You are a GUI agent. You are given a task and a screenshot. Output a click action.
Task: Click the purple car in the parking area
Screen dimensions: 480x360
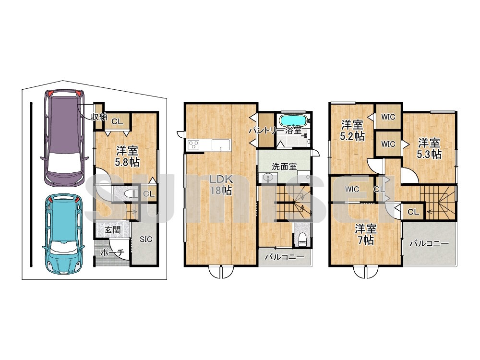pyautogui.click(x=64, y=138)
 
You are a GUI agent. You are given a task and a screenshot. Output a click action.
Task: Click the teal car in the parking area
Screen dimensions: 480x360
pyautogui.click(x=64, y=234)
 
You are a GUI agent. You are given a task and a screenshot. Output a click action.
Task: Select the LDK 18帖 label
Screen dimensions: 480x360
pyautogui.click(x=221, y=185)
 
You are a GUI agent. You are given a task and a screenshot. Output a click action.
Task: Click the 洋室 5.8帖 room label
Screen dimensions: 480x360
pyautogui.click(x=127, y=156)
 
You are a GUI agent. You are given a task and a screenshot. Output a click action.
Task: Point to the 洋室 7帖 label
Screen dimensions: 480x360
pyautogui.click(x=366, y=235)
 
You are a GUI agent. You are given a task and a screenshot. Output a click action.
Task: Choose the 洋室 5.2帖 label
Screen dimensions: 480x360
pyautogui.click(x=352, y=131)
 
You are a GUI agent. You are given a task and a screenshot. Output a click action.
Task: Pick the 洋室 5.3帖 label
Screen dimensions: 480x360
pyautogui.click(x=429, y=148)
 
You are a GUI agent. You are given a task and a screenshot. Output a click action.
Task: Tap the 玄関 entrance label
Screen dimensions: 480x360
pyautogui.click(x=113, y=230)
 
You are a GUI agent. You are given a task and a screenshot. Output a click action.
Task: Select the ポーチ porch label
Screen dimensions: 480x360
pyautogui.click(x=112, y=252)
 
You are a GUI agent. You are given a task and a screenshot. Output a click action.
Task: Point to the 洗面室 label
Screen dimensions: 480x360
pyautogui.click(x=285, y=167)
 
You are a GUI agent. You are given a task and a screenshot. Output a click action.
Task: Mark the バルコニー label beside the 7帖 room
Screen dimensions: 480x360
pyautogui.click(x=429, y=244)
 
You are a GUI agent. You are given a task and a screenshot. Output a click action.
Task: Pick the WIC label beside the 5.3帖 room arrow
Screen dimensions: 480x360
pyautogui.click(x=388, y=144)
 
